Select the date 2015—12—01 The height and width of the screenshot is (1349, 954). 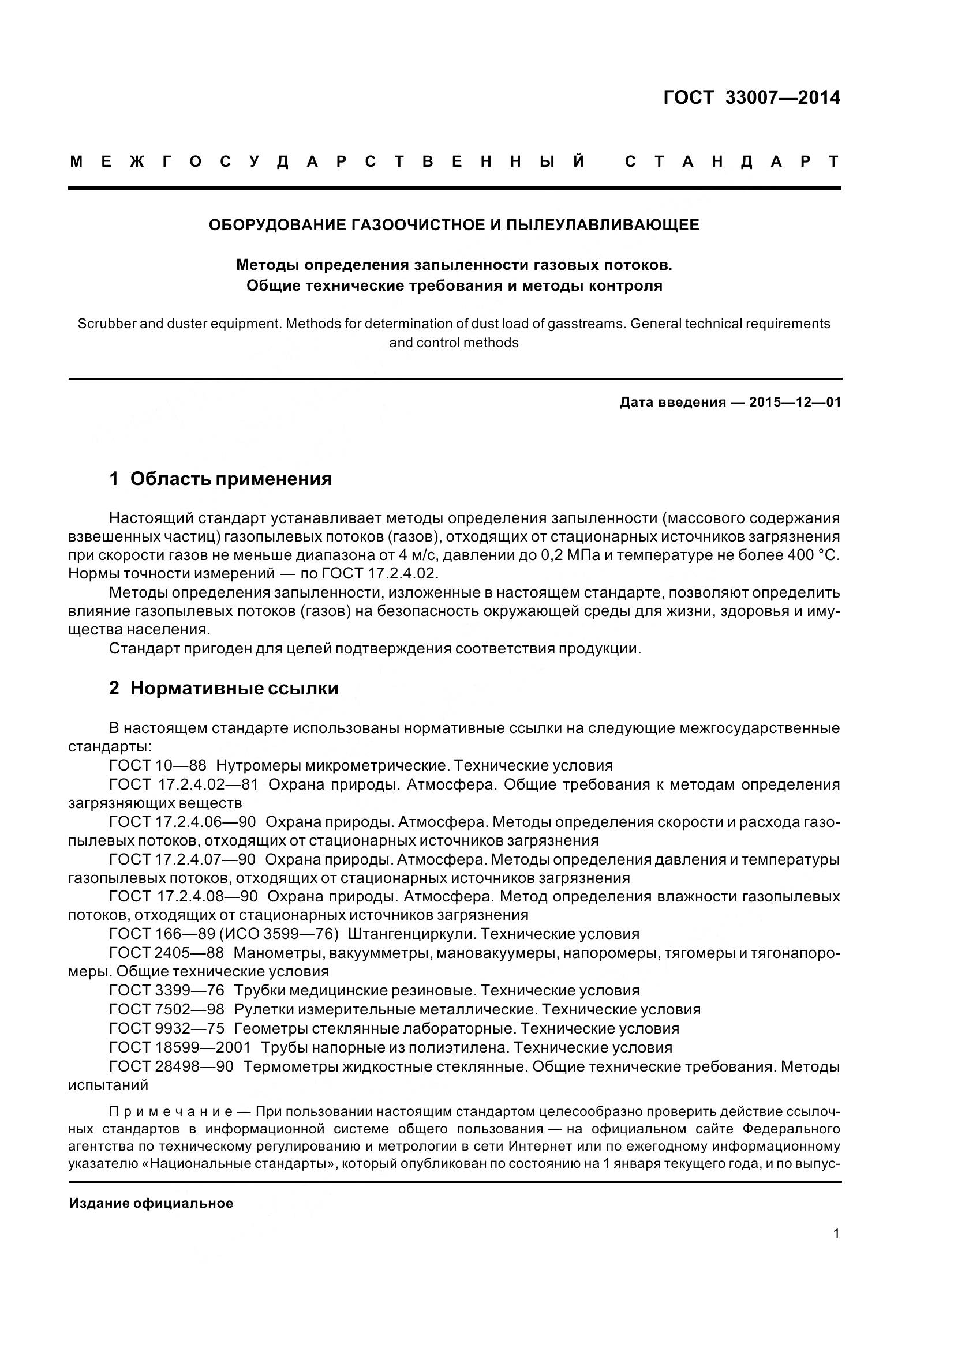795,403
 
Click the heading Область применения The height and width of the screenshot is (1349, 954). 231,479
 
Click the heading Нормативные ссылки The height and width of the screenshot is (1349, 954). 234,688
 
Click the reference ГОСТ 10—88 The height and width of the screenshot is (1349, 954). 158,765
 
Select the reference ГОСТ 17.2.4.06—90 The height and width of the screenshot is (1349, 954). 182,822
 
